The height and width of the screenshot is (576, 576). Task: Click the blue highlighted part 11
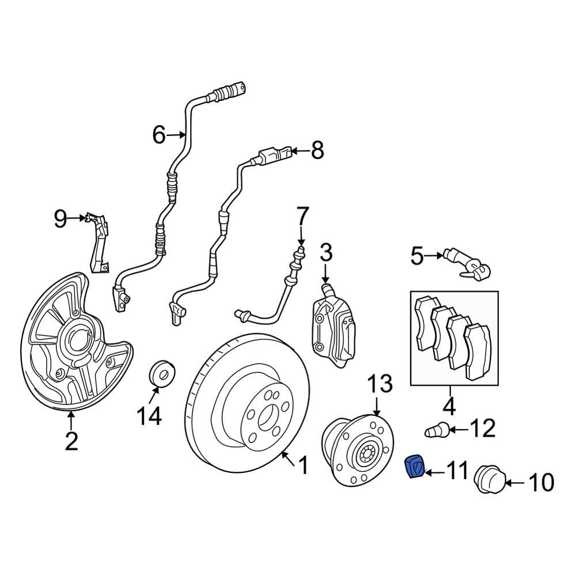pyautogui.click(x=414, y=467)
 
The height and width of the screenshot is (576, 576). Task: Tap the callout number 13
pyautogui.click(x=380, y=384)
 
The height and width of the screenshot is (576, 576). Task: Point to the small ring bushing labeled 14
pyautogui.click(x=162, y=373)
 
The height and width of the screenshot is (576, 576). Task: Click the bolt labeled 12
pyautogui.click(x=437, y=430)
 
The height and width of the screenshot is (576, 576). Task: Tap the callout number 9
pyautogui.click(x=60, y=218)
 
